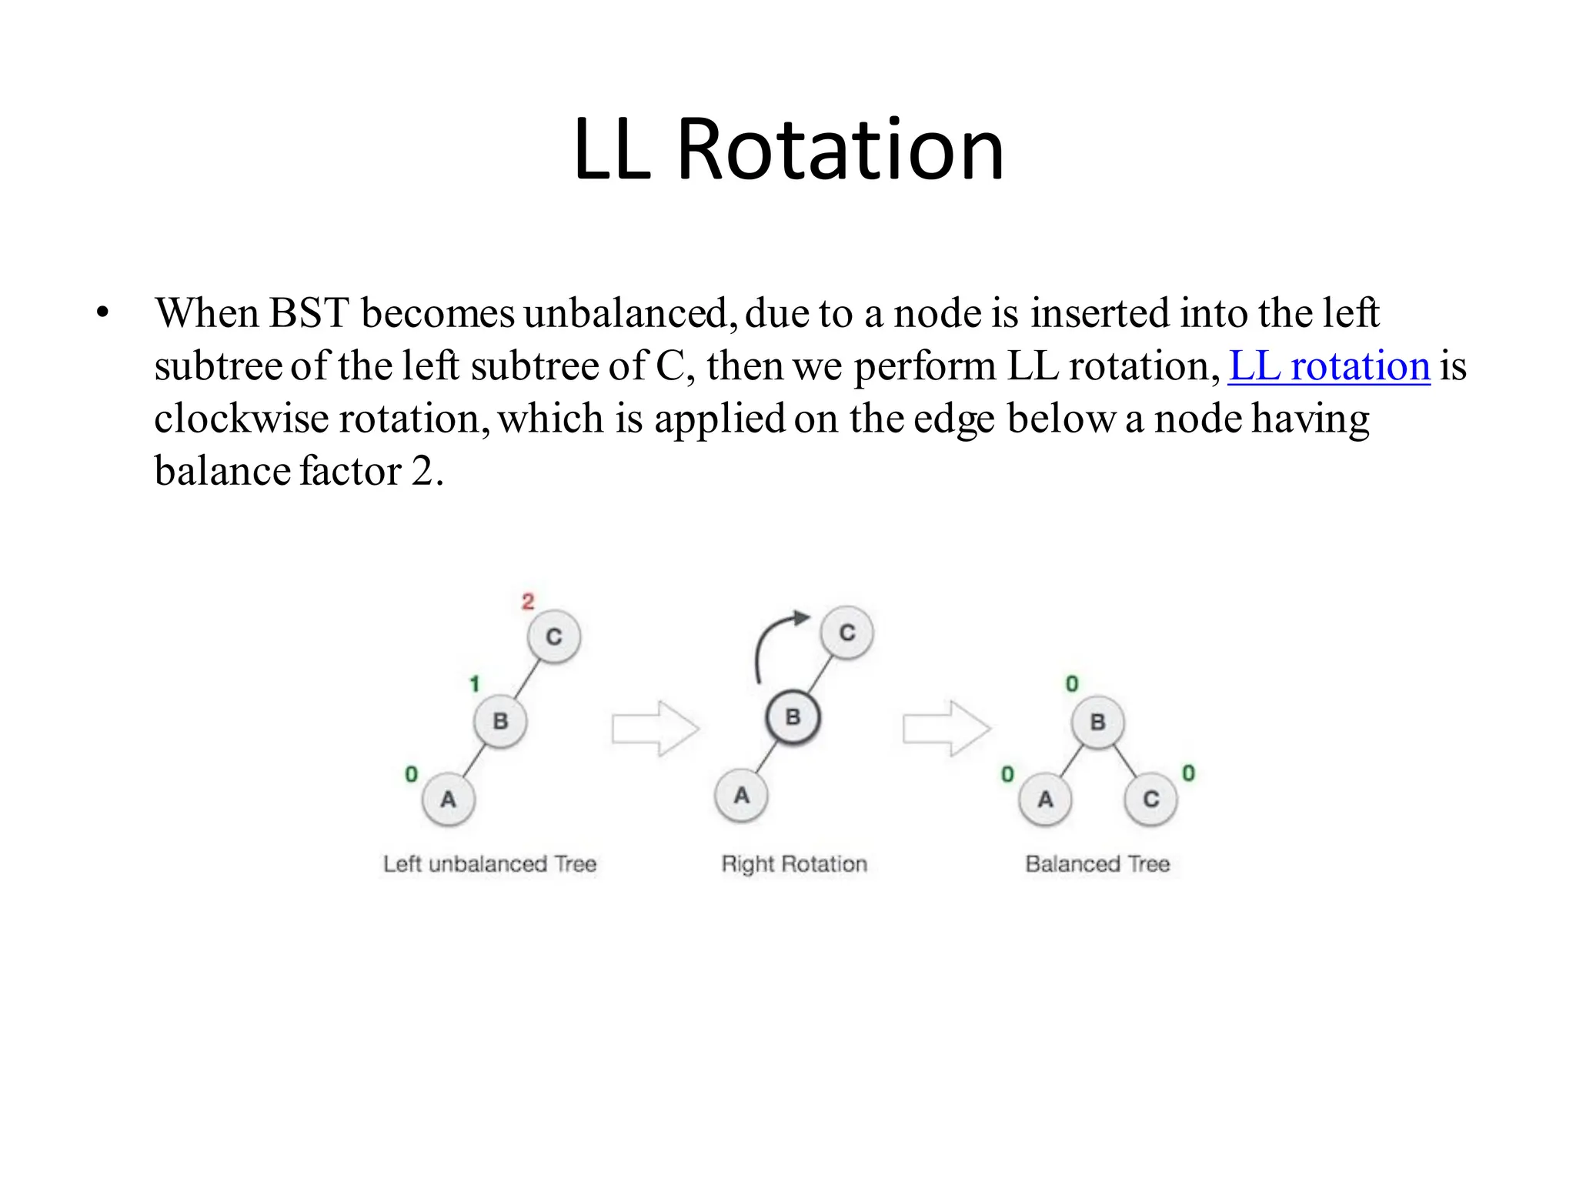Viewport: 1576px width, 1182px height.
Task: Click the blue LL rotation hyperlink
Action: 1329,366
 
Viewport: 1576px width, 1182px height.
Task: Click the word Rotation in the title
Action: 840,149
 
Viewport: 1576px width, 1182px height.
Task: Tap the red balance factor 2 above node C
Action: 528,601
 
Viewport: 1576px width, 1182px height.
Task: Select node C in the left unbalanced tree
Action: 554,636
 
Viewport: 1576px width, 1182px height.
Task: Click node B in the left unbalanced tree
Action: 500,721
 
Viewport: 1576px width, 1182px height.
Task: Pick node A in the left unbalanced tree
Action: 448,800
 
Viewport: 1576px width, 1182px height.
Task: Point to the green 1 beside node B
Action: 474,683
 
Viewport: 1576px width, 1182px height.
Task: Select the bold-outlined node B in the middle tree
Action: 793,717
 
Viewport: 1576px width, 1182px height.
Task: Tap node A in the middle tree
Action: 741,795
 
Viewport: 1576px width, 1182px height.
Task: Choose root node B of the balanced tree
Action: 1098,722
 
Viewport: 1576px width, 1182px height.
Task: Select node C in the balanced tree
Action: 1150,800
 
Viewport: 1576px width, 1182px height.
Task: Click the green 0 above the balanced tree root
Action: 1072,683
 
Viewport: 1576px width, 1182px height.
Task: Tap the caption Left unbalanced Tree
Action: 490,864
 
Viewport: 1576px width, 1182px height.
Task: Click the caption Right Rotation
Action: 794,864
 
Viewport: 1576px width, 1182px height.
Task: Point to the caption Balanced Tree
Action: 1097,864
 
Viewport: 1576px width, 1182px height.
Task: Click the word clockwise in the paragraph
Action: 242,419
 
